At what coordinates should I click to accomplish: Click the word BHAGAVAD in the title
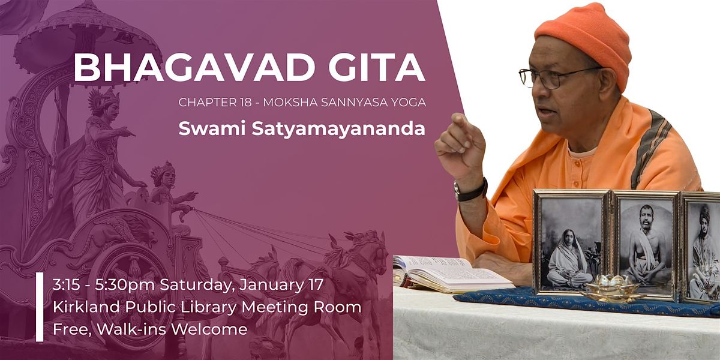(194, 68)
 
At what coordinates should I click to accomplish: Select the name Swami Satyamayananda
(302, 129)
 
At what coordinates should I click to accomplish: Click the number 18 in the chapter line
(245, 102)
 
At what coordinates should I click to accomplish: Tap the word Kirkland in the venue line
(86, 307)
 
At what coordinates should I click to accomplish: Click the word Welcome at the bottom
(209, 329)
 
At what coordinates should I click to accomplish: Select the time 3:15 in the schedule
(66, 285)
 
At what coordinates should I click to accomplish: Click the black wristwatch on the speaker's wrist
(470, 190)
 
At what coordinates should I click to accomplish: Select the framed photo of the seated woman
(571, 242)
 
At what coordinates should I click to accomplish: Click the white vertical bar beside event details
(40, 307)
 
